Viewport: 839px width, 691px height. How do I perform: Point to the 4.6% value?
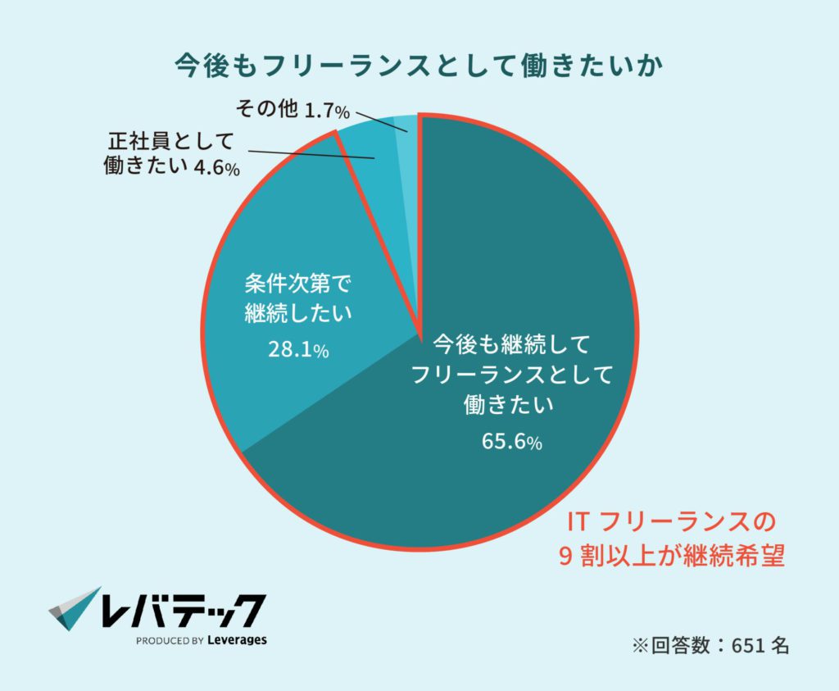click(216, 169)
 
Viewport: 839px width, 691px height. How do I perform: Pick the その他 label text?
click(265, 109)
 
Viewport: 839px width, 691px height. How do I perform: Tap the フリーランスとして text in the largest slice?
click(512, 374)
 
